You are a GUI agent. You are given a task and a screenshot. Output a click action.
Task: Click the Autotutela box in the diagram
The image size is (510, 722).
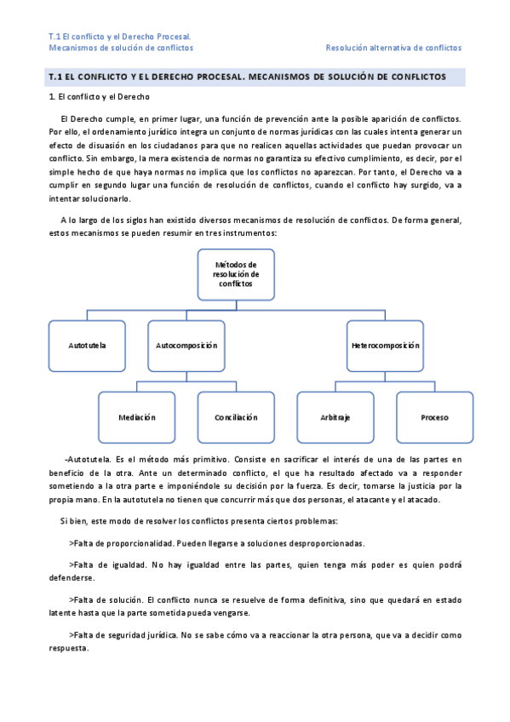pyautogui.click(x=87, y=346)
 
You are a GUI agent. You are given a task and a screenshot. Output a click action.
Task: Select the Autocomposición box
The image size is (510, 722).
pyautogui.click(x=186, y=346)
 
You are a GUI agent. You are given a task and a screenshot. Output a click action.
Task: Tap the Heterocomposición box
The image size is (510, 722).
pyautogui.click(x=386, y=346)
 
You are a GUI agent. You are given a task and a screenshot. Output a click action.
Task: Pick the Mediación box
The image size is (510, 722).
pyautogui.click(x=137, y=417)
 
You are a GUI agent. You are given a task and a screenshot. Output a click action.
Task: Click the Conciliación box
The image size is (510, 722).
pyautogui.click(x=236, y=417)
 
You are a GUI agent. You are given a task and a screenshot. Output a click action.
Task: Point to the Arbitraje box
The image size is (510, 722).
pyautogui.click(x=335, y=417)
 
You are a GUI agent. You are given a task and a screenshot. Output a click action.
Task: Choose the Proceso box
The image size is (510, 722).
pyautogui.click(x=434, y=417)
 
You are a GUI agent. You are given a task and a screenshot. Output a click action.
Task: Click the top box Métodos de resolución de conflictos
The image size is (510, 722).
pyautogui.click(x=236, y=274)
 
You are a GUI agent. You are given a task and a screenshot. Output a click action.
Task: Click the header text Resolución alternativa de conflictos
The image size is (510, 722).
pyautogui.click(x=393, y=49)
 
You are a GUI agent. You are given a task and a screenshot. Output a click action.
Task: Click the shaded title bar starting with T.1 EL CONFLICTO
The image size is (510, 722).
pyautogui.click(x=255, y=77)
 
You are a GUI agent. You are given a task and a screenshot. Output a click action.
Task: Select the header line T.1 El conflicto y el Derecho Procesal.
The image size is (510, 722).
pyautogui.click(x=119, y=37)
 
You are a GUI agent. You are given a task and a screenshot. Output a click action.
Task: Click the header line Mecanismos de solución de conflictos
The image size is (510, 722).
pyautogui.click(x=121, y=49)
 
